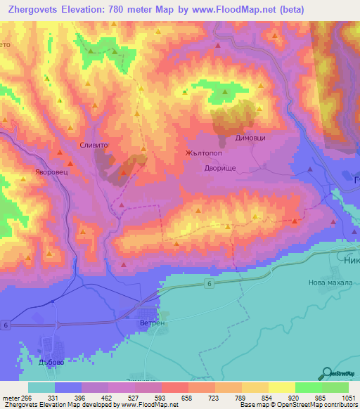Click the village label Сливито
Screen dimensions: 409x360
[94, 144]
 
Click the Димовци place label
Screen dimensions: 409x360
[250, 138]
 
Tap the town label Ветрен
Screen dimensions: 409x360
[152, 323]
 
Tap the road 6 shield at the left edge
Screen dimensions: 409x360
[5, 324]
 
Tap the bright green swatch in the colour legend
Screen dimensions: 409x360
[308, 388]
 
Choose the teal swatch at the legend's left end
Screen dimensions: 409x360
[41, 388]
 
